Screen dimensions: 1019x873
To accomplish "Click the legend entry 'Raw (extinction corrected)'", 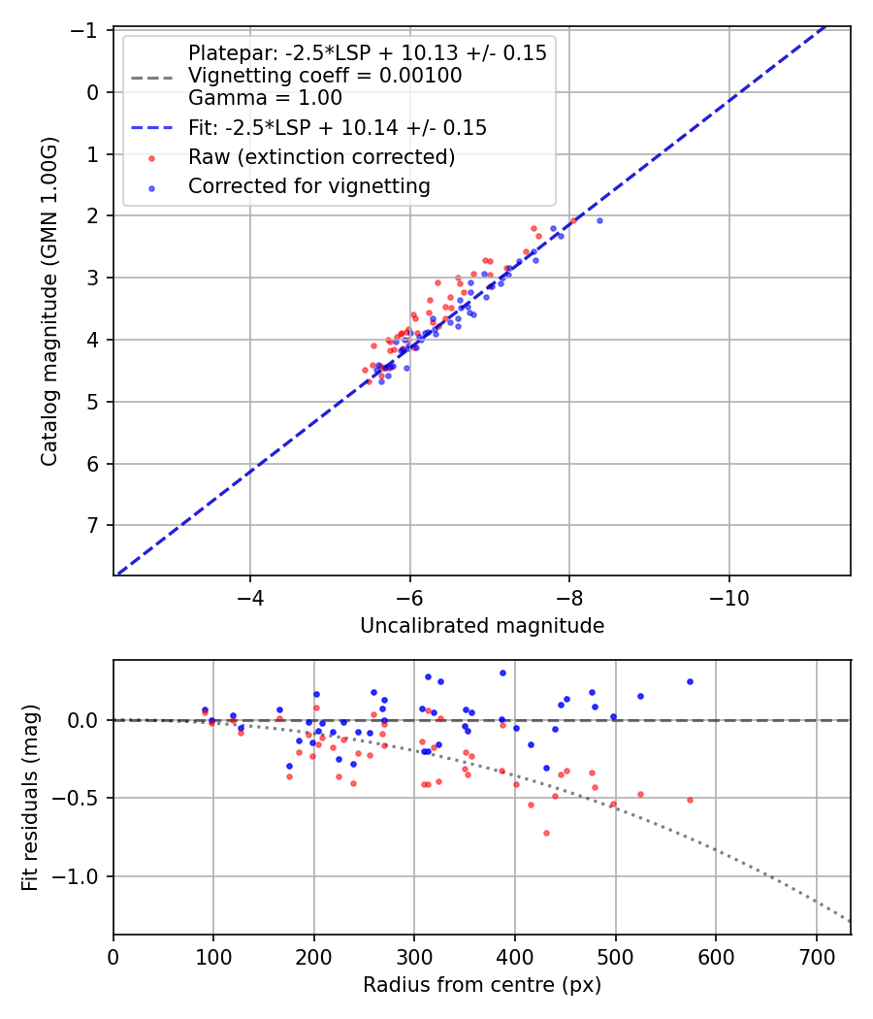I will (321, 156).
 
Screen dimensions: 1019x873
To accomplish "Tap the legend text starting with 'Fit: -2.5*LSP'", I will (337, 128).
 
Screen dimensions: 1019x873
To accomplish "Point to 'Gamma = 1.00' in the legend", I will (265, 97).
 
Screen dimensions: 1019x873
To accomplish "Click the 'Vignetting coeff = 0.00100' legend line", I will (325, 76).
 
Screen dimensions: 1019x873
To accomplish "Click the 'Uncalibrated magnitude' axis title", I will (482, 626).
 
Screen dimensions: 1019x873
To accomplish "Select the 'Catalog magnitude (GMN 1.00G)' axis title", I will (49, 301).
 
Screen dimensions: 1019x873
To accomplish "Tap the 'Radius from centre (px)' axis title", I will (482, 985).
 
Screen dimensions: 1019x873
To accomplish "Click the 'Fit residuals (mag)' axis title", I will (30, 798).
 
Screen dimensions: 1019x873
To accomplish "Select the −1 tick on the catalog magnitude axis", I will (88, 30).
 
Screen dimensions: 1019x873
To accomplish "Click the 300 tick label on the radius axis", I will (414, 958).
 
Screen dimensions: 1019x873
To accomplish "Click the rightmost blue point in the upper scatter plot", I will (599, 220).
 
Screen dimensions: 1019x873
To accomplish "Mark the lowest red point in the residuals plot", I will (546, 833).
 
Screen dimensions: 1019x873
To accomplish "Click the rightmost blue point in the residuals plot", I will (690, 681).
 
